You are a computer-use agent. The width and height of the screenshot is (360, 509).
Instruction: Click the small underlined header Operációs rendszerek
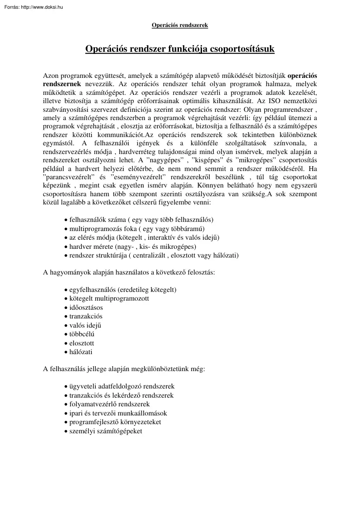pyautogui.click(x=180, y=25)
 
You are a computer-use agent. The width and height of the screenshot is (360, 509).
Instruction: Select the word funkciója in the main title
pyautogui.click(x=184, y=49)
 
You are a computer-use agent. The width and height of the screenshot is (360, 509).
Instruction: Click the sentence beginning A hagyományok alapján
pyautogui.click(x=129, y=272)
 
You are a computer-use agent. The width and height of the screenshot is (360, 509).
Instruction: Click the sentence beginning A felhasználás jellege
pyautogui.click(x=124, y=369)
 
